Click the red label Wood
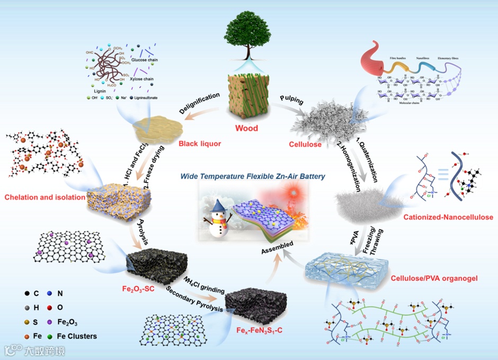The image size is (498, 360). pos(246,129)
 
